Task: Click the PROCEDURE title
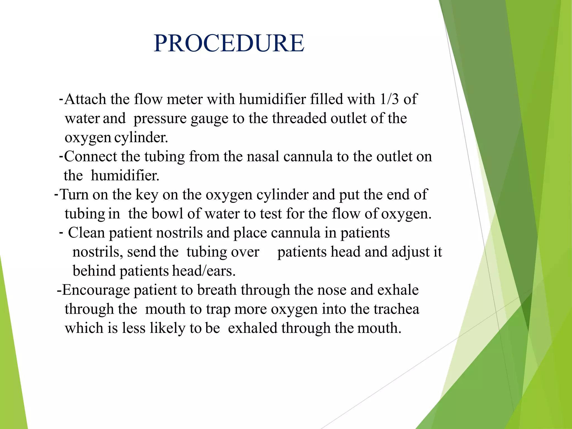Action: (x=229, y=43)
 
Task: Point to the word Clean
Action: (x=86, y=233)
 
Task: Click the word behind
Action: (x=94, y=271)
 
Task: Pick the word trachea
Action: (x=396, y=309)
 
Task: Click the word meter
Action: (x=185, y=99)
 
